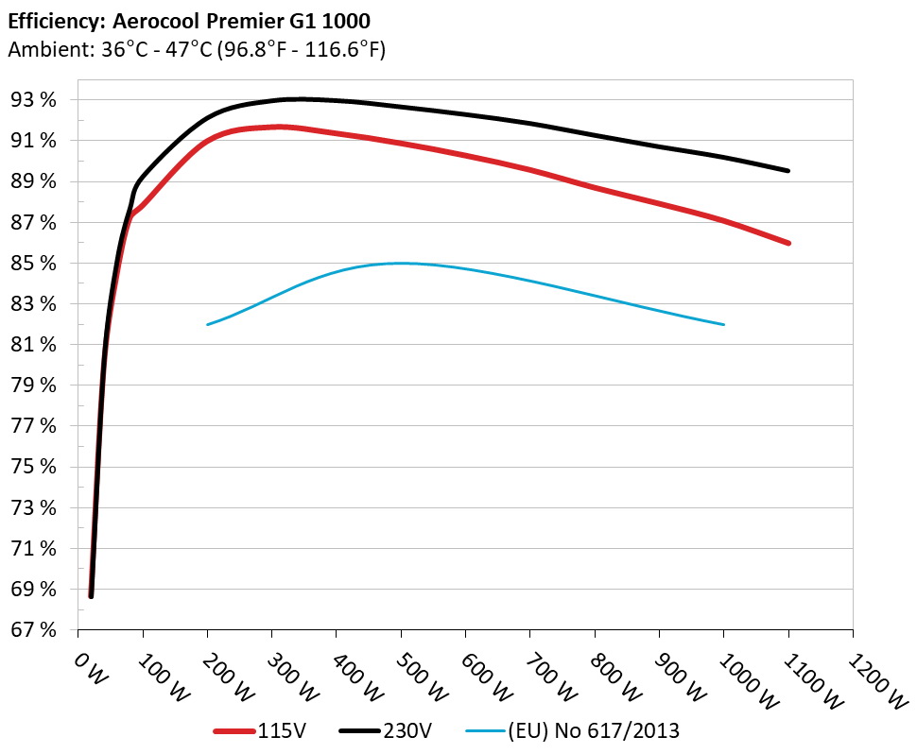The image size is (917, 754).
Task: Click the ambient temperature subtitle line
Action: tap(196, 49)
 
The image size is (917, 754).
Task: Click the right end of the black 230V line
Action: tap(787, 171)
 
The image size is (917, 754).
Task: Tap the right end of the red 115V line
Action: tap(787, 243)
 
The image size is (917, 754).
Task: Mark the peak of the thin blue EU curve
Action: tap(401, 264)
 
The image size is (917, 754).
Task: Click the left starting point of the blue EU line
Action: tap(208, 324)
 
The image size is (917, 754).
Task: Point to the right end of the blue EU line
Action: tap(724, 324)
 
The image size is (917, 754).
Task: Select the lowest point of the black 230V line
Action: tap(91, 595)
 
